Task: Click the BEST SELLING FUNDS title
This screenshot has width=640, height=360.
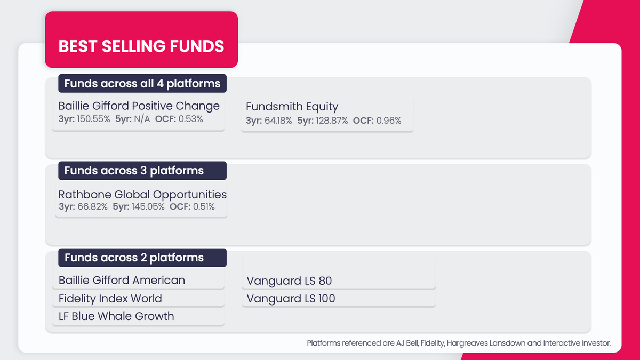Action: click(x=141, y=46)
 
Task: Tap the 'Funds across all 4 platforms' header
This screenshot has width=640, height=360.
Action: click(x=142, y=84)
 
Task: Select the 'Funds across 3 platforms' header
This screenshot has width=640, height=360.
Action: click(x=134, y=171)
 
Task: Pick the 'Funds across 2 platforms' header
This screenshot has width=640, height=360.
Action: click(x=134, y=258)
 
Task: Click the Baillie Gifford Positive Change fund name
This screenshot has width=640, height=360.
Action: click(x=139, y=106)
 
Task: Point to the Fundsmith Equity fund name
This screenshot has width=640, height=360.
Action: click(x=292, y=107)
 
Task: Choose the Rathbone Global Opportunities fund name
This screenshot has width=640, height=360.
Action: click(x=142, y=194)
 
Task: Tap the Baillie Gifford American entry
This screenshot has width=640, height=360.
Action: click(x=122, y=280)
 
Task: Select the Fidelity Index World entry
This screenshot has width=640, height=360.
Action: click(x=110, y=298)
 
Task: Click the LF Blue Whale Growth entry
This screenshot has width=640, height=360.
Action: click(x=116, y=316)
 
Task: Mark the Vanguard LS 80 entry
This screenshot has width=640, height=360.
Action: click(x=290, y=281)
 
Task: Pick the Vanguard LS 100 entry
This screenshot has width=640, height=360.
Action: click(x=291, y=298)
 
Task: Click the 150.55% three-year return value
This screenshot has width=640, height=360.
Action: click(x=93, y=119)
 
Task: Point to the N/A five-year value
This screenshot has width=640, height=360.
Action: click(x=141, y=119)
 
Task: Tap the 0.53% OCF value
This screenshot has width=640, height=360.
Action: click(x=190, y=119)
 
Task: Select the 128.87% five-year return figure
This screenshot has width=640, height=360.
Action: click(x=331, y=121)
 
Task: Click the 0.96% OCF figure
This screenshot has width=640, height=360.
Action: click(x=389, y=121)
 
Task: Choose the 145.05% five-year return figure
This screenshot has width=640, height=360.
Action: click(x=149, y=206)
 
